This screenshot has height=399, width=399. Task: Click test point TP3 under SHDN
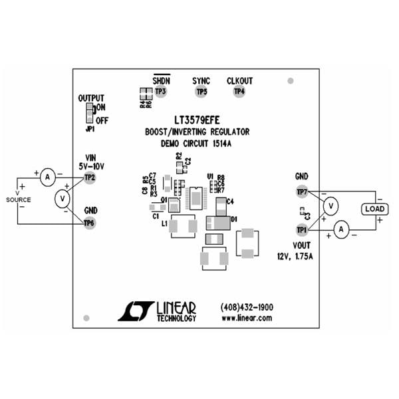pyautogui.click(x=160, y=91)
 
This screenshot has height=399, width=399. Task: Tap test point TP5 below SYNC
pyautogui.click(x=201, y=91)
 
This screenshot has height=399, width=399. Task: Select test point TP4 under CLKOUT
pyautogui.click(x=239, y=91)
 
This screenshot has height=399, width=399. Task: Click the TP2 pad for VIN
pyautogui.click(x=90, y=178)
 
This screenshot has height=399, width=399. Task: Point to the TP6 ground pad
pyautogui.click(x=90, y=222)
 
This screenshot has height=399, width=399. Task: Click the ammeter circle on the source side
pyautogui.click(x=47, y=178)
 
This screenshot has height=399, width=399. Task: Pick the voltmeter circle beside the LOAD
pyautogui.click(x=329, y=207)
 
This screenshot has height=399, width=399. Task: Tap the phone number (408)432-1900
pyautogui.click(x=246, y=307)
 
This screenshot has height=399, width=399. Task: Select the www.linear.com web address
pyautogui.click(x=246, y=318)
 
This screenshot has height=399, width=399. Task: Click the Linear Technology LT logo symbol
pyautogui.click(x=136, y=311)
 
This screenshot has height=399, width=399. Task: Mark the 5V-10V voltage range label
pyautogui.click(x=92, y=166)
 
